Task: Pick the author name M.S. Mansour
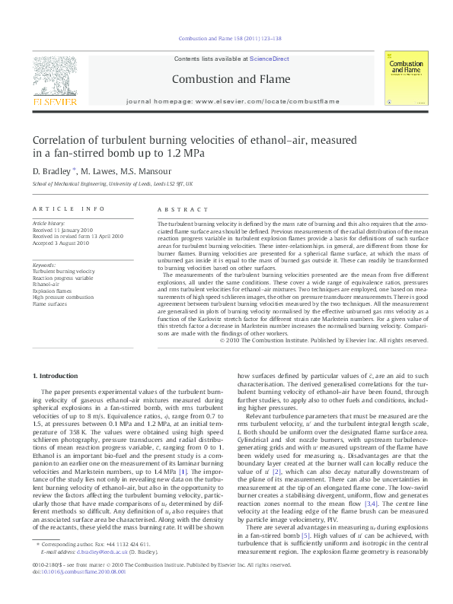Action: (151, 170)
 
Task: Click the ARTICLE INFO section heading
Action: (68, 209)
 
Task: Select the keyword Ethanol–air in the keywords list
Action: (46, 284)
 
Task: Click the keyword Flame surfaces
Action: (49, 304)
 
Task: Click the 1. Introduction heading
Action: (56, 376)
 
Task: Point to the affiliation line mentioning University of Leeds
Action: (113, 183)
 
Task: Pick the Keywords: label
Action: (44, 265)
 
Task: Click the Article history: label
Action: (49, 223)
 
